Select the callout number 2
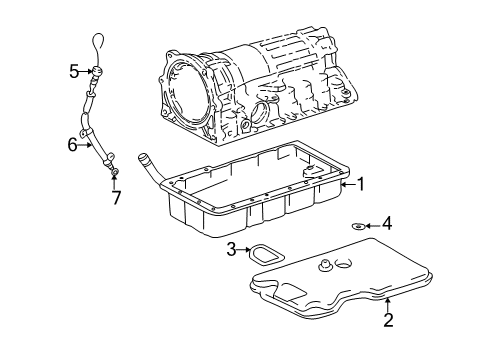click(x=388, y=320)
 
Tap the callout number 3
click(x=230, y=249)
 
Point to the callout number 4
click(x=387, y=225)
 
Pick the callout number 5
click(x=73, y=70)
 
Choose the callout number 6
click(x=72, y=144)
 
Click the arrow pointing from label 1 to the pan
click(x=348, y=184)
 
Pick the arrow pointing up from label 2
click(x=388, y=304)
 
